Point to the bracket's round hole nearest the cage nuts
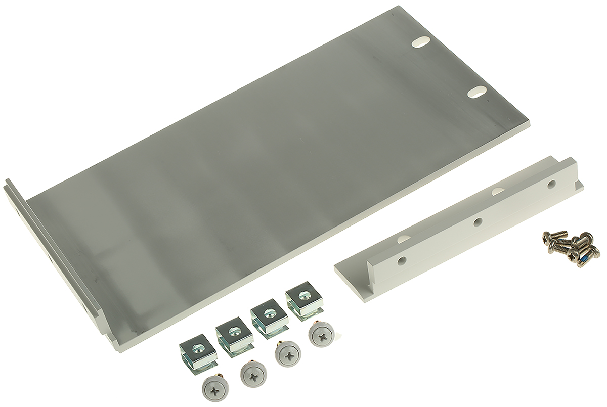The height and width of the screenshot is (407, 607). pos(402,261)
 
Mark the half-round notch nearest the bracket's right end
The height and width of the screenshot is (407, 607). pos(498,190)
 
